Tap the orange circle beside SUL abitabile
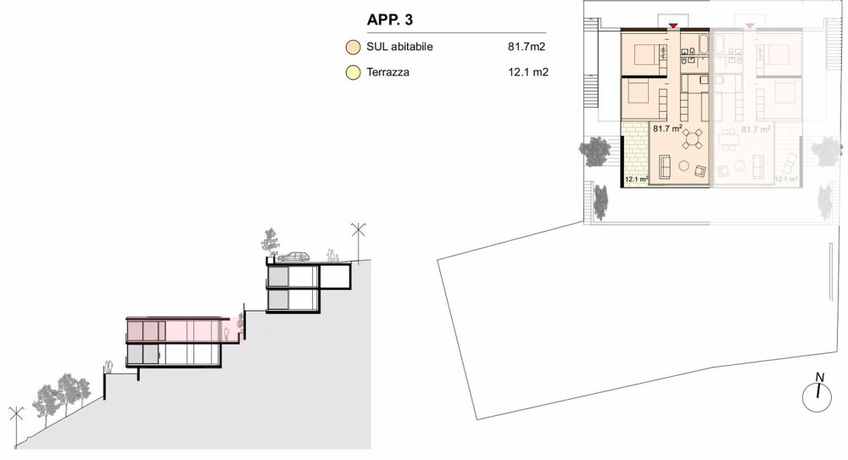tap(353, 48)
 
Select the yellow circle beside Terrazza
tap(353, 73)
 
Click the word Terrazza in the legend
tap(388, 73)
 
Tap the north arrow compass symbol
tap(817, 394)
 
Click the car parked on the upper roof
tap(293, 255)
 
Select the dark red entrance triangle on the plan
tap(672, 26)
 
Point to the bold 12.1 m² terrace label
tap(635, 180)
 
